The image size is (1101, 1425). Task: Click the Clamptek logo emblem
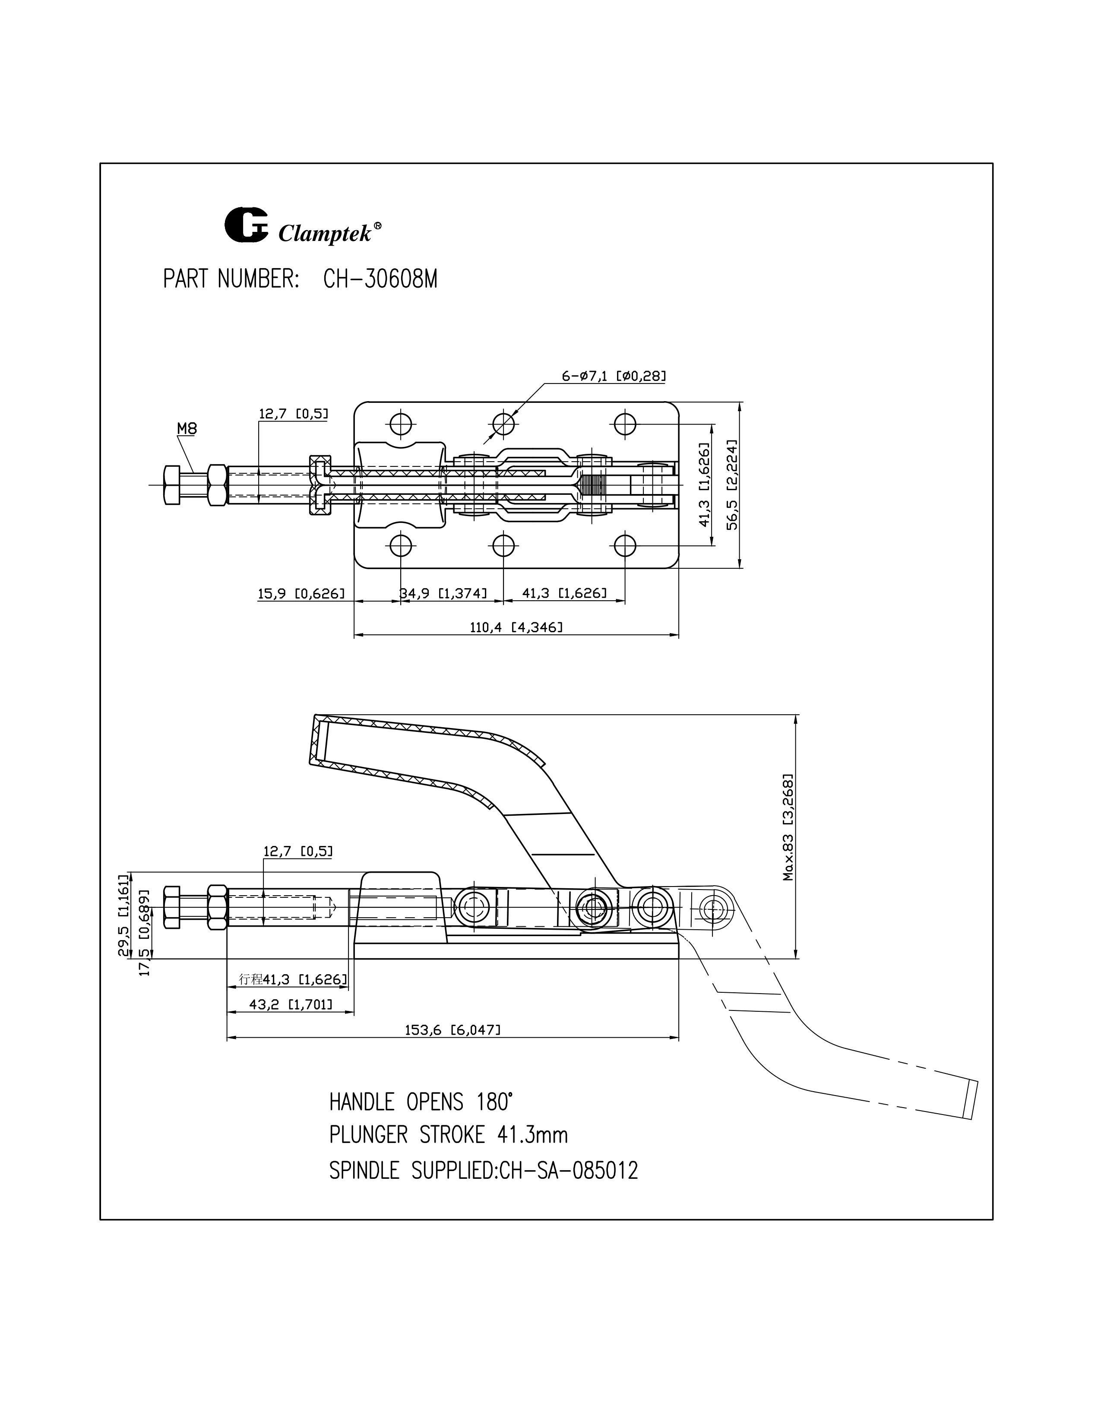click(x=246, y=225)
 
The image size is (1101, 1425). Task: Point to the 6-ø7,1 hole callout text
click(x=613, y=376)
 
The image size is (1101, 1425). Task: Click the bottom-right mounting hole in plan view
click(x=625, y=545)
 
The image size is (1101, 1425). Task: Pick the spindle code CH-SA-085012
click(x=567, y=1171)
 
